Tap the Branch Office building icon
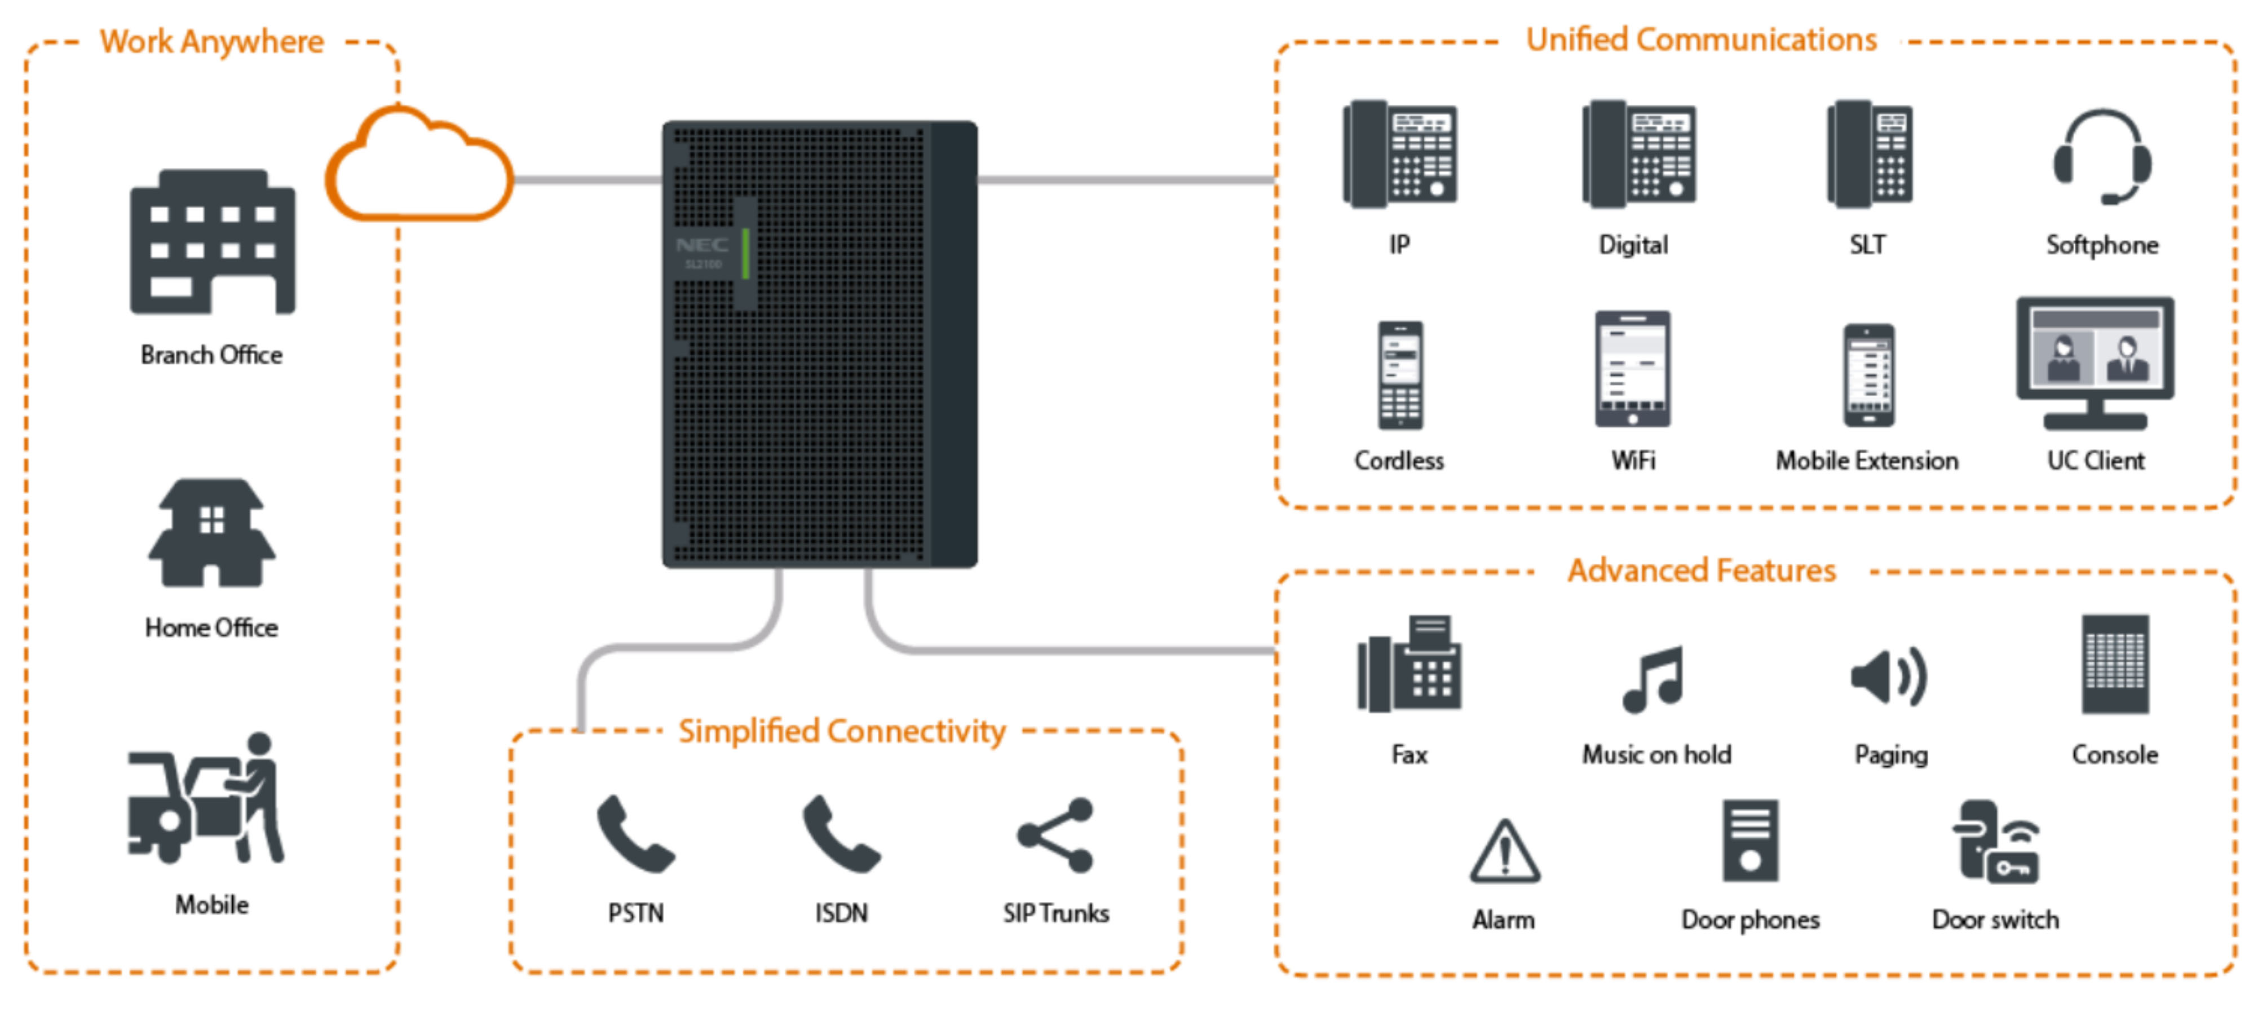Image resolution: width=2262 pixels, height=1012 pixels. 213,242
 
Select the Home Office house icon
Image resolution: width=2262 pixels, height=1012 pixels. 211,533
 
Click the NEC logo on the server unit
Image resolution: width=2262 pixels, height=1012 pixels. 701,245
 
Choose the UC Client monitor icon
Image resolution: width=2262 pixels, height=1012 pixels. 2095,363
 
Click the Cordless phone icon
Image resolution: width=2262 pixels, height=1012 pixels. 1400,375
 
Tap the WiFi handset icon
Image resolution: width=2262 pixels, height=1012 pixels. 1632,369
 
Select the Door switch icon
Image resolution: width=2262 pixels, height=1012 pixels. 1996,842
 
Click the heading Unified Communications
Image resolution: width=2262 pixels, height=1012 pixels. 1701,41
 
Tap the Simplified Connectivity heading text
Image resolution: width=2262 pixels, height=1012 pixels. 841,731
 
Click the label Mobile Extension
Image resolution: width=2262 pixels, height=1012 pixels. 1867,461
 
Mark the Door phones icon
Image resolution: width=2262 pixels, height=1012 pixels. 1750,840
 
